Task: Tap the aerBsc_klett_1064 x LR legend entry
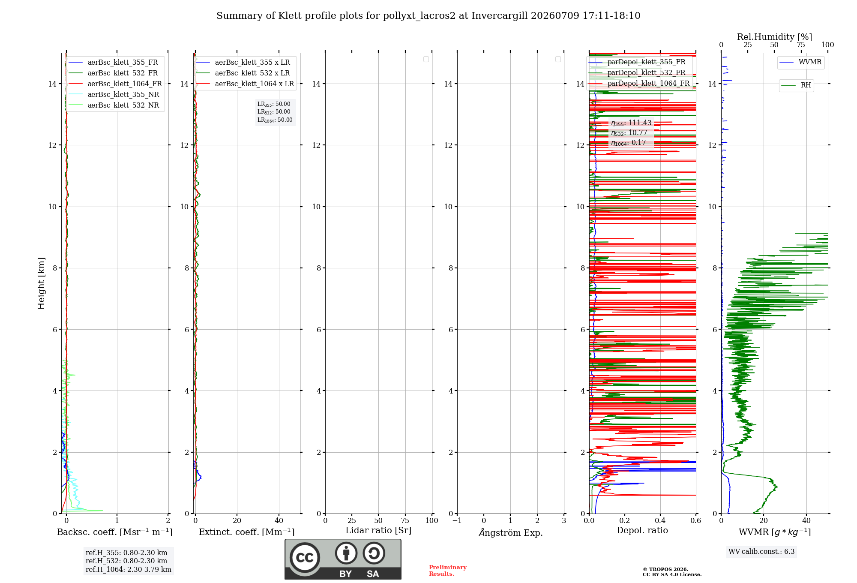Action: pyautogui.click(x=245, y=84)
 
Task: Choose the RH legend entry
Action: pyautogui.click(x=796, y=85)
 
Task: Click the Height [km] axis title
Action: pyautogui.click(x=41, y=283)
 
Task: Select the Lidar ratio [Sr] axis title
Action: pyautogui.click(x=378, y=531)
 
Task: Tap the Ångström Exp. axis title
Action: pyautogui.click(x=511, y=532)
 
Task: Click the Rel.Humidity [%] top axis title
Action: pyautogui.click(x=775, y=37)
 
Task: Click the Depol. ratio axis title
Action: pyautogui.click(x=642, y=531)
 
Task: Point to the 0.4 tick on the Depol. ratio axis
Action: pyautogui.click(x=660, y=521)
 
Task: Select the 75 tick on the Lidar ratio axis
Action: pyautogui.click(x=405, y=521)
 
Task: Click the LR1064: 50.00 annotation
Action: pyautogui.click(x=275, y=120)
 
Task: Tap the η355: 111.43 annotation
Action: pyautogui.click(x=631, y=123)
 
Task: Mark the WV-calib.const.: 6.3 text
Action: pyautogui.click(x=761, y=552)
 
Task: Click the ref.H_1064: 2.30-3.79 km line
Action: pyautogui.click(x=129, y=570)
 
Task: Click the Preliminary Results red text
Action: pyautogui.click(x=448, y=571)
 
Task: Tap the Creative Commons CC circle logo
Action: pyautogui.click(x=305, y=558)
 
